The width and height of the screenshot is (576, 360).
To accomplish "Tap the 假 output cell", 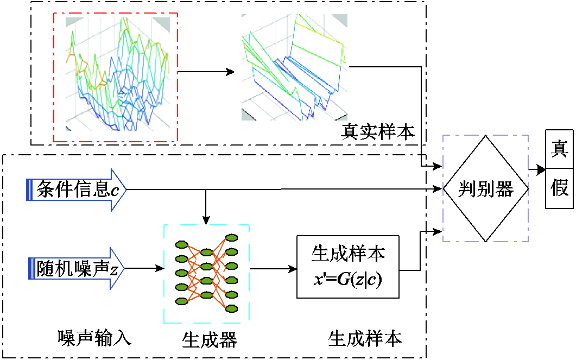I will coord(559,189).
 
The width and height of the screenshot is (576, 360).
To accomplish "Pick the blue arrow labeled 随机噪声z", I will coord(77,268).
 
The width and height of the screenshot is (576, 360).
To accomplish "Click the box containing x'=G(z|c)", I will coord(347,267).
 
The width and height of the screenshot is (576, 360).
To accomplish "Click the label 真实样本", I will coord(378,131).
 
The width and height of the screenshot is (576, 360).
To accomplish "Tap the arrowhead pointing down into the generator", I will coord(206,219).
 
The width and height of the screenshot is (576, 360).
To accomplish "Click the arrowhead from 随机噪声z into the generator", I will coord(160,268).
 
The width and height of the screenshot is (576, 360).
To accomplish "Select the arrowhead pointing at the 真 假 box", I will coord(541,170).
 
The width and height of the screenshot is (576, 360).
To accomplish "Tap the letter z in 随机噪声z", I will coord(113,269).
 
